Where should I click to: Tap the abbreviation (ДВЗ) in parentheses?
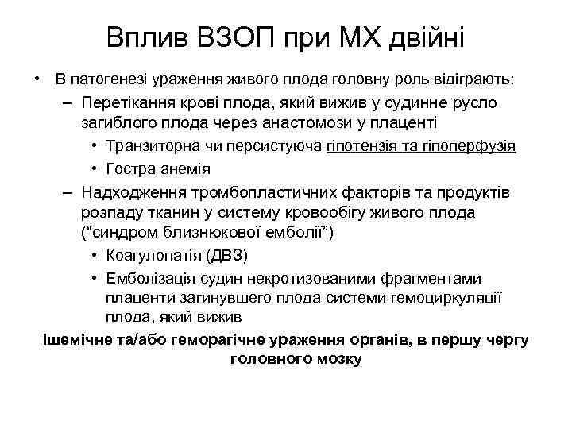click(x=229, y=255)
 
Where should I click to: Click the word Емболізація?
click(x=153, y=277)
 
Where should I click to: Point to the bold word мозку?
click(x=338, y=359)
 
